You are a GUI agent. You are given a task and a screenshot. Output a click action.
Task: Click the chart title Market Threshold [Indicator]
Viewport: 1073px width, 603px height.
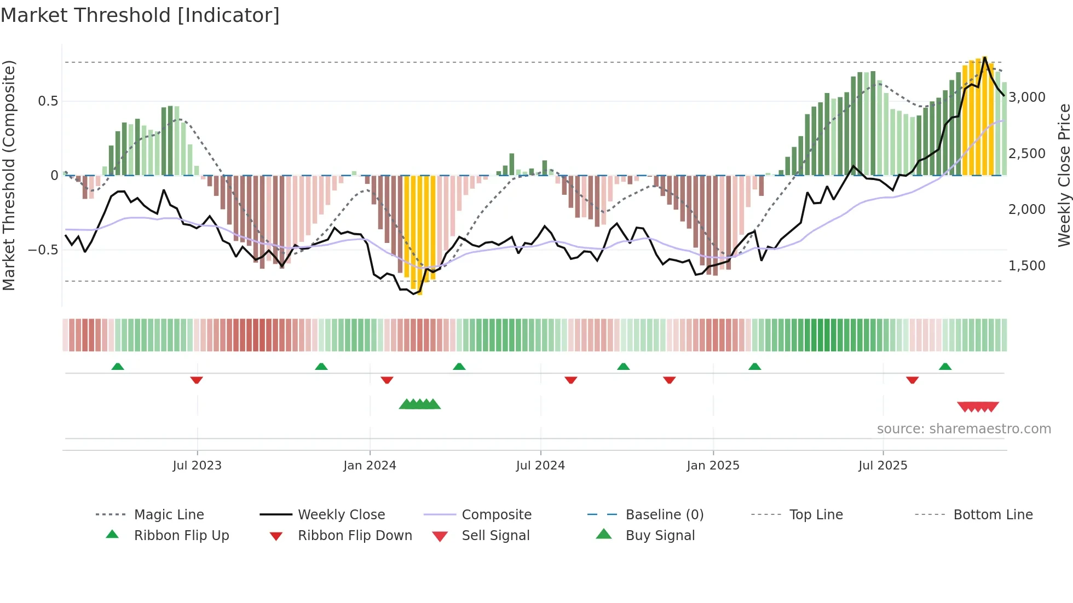(x=140, y=15)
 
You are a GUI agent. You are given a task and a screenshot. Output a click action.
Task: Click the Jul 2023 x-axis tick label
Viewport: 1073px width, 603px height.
(x=197, y=466)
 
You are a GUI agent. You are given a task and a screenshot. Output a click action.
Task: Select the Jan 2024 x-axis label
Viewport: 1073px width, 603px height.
(x=370, y=466)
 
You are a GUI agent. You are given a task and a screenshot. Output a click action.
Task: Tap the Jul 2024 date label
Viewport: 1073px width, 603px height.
(x=540, y=466)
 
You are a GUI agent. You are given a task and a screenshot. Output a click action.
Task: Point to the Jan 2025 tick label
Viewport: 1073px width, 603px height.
(x=713, y=466)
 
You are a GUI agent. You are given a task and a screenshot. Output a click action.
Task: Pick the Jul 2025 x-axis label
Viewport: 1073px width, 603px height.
(x=882, y=466)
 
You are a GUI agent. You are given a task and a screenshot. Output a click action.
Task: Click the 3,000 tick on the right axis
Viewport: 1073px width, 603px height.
(x=1027, y=97)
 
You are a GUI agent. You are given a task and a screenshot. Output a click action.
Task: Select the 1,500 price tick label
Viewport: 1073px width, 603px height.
(x=1027, y=266)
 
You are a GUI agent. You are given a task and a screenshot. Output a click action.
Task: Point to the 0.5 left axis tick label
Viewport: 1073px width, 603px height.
(x=48, y=101)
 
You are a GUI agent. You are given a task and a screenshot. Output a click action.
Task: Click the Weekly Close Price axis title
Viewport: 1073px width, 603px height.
(x=1064, y=175)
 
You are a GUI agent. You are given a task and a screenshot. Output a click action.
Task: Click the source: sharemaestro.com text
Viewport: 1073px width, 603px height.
(x=964, y=429)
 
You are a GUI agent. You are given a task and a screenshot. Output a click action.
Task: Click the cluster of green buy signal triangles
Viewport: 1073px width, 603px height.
(x=420, y=404)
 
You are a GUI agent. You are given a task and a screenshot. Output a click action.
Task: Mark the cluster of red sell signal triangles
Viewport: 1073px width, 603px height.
(x=978, y=407)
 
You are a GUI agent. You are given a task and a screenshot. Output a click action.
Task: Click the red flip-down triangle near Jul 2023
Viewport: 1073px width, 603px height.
(x=197, y=380)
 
